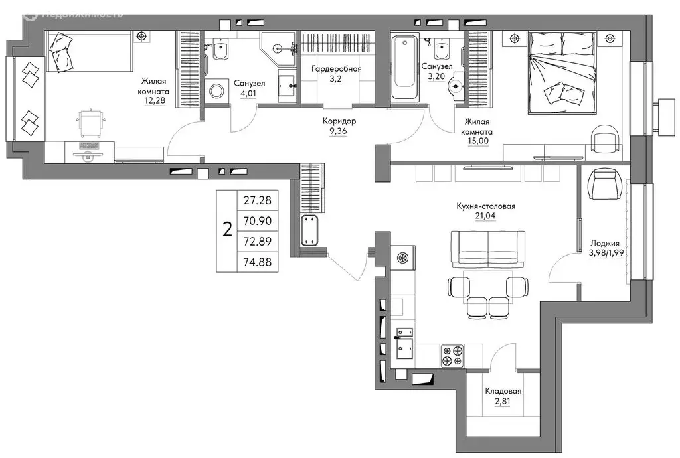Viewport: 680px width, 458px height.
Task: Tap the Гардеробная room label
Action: (x=336, y=69)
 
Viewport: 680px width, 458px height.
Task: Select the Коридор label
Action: (x=339, y=121)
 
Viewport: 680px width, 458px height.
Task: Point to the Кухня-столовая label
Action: (x=485, y=206)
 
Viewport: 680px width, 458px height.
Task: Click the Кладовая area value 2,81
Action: (x=503, y=401)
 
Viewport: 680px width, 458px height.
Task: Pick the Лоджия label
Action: (x=604, y=243)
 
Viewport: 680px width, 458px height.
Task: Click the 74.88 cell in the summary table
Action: (x=257, y=262)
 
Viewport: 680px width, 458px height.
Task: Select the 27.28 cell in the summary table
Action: (x=257, y=200)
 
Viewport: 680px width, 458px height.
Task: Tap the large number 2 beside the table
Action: (x=227, y=229)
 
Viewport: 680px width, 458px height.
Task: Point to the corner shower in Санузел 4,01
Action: (x=278, y=49)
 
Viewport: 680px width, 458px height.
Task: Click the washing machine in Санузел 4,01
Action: (x=216, y=90)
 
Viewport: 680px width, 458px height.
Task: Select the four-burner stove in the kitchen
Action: (x=452, y=356)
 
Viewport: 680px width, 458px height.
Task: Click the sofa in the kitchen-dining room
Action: (x=488, y=249)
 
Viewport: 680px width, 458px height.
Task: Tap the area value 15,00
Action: (x=478, y=141)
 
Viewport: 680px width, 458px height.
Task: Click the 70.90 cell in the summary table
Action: (x=257, y=220)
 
